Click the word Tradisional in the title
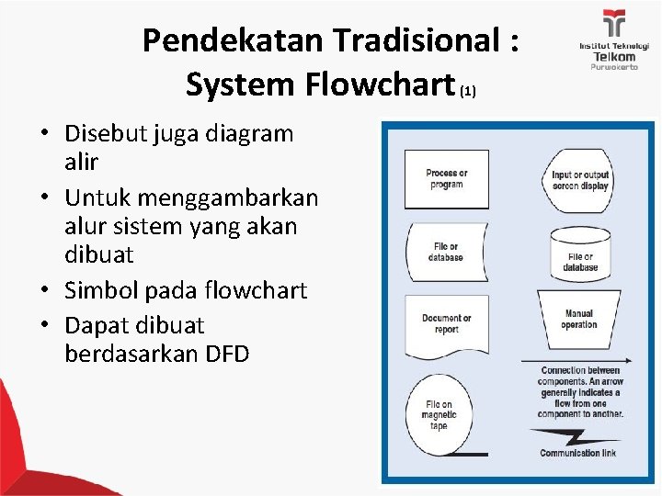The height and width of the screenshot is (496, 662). coord(417,40)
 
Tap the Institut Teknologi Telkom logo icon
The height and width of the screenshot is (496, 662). coord(613,24)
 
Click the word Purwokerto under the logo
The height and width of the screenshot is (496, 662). coord(613,67)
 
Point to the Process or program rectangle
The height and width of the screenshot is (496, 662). coord(446,179)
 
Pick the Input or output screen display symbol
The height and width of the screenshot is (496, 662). coord(580,180)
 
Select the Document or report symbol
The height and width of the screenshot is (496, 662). coord(446,325)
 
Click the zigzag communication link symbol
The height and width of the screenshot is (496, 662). coord(577,435)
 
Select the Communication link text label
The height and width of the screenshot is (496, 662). coord(576,453)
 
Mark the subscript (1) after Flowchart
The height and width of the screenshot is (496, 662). coord(468,91)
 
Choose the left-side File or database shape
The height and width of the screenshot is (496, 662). coord(446,251)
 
